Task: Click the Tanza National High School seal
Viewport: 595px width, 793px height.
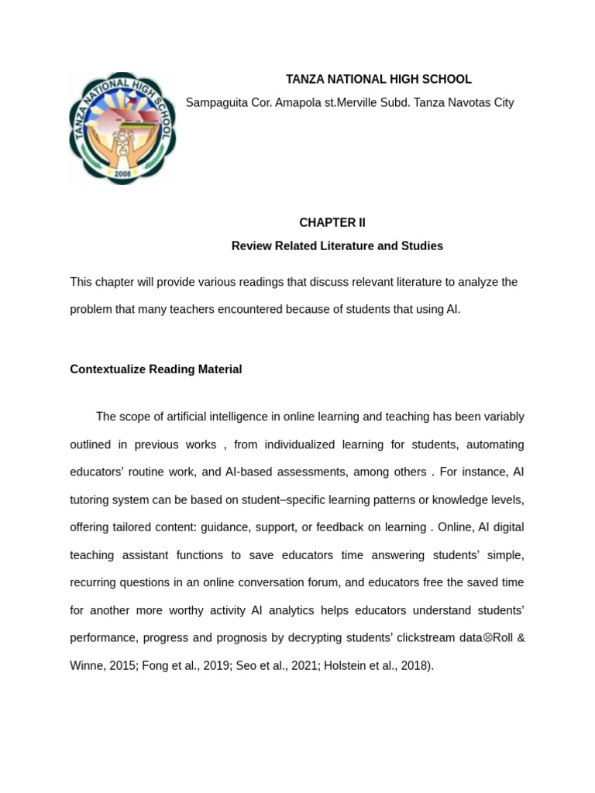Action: pos(122,129)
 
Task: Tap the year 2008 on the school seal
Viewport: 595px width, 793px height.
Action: pos(122,174)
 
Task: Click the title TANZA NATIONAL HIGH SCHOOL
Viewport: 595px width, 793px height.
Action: pos(378,80)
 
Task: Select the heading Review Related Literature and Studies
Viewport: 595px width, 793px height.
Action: pos(337,246)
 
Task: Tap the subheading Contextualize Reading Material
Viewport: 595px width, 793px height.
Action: pos(156,369)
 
